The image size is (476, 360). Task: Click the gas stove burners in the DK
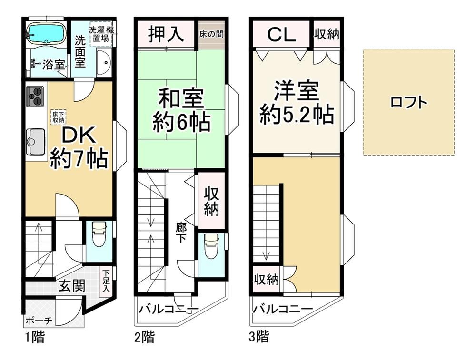(35, 96)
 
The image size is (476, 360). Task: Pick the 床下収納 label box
(58, 117)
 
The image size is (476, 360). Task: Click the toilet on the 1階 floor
(99, 235)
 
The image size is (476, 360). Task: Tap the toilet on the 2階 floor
(212, 245)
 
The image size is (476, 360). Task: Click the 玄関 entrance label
(72, 285)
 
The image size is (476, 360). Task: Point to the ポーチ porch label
(39, 320)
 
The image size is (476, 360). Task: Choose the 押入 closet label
(166, 33)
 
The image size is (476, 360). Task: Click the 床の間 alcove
(212, 34)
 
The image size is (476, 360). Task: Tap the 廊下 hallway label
(181, 233)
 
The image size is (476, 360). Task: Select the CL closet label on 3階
(281, 35)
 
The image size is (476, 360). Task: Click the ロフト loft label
(408, 102)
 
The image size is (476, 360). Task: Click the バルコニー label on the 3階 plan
(283, 309)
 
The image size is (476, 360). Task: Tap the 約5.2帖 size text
(297, 114)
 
